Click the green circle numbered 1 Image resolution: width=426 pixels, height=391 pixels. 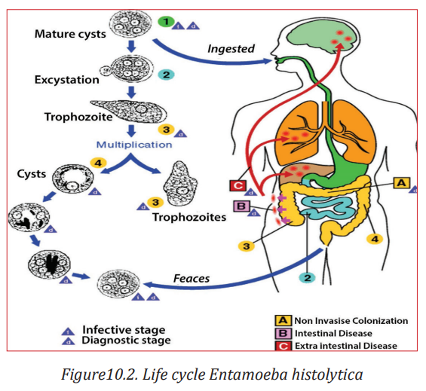(x=166, y=21)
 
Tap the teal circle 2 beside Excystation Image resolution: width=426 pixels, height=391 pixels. (x=166, y=75)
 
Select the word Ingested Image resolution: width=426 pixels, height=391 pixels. (x=231, y=49)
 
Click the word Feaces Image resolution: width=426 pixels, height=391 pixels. (x=192, y=278)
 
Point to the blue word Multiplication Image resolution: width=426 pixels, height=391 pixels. (x=134, y=145)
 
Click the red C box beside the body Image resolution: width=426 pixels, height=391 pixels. (x=238, y=186)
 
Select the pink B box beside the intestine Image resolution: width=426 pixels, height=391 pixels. (x=241, y=206)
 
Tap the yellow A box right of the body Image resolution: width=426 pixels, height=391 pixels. (x=402, y=183)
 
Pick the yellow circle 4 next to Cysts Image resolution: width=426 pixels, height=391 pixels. (x=98, y=163)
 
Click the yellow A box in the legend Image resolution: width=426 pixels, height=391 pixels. (x=283, y=321)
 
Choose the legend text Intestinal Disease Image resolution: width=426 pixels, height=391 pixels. (x=333, y=334)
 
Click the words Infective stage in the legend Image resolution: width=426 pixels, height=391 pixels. (x=124, y=330)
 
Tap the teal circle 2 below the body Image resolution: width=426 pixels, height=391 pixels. (x=308, y=278)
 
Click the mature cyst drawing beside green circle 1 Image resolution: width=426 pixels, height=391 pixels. (x=130, y=24)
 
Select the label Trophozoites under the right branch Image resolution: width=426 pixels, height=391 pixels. (x=189, y=217)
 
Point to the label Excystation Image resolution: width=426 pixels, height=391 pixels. (x=66, y=80)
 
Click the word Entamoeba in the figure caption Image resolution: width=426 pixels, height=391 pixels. (x=248, y=374)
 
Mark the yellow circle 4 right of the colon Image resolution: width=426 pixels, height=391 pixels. (x=375, y=240)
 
